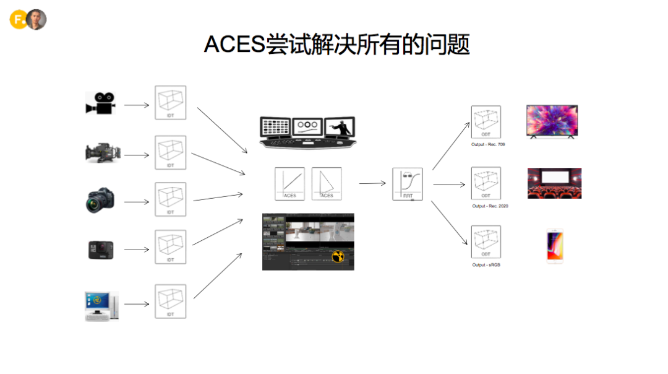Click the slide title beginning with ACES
click(x=337, y=45)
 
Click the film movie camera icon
click(x=100, y=103)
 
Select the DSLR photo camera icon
click(x=100, y=201)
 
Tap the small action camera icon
click(x=100, y=249)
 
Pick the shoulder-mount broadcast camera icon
click(x=102, y=153)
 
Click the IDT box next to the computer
click(x=170, y=301)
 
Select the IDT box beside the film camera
click(x=170, y=102)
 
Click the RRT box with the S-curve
click(x=408, y=184)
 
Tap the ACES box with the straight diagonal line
click(x=290, y=183)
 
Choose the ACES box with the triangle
click(x=327, y=183)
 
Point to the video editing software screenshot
click(x=308, y=241)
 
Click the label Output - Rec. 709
click(x=488, y=145)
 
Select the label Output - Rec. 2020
click(x=490, y=206)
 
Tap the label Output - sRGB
click(x=486, y=265)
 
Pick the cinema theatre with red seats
click(x=554, y=183)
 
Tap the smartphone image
click(x=555, y=246)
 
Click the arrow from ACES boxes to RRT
click(x=372, y=183)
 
